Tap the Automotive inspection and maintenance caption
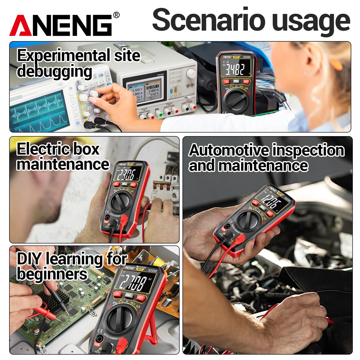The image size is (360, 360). (266, 158)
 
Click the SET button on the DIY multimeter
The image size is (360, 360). (141, 298)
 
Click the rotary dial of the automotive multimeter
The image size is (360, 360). (248, 219)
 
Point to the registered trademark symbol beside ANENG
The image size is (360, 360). (116, 15)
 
